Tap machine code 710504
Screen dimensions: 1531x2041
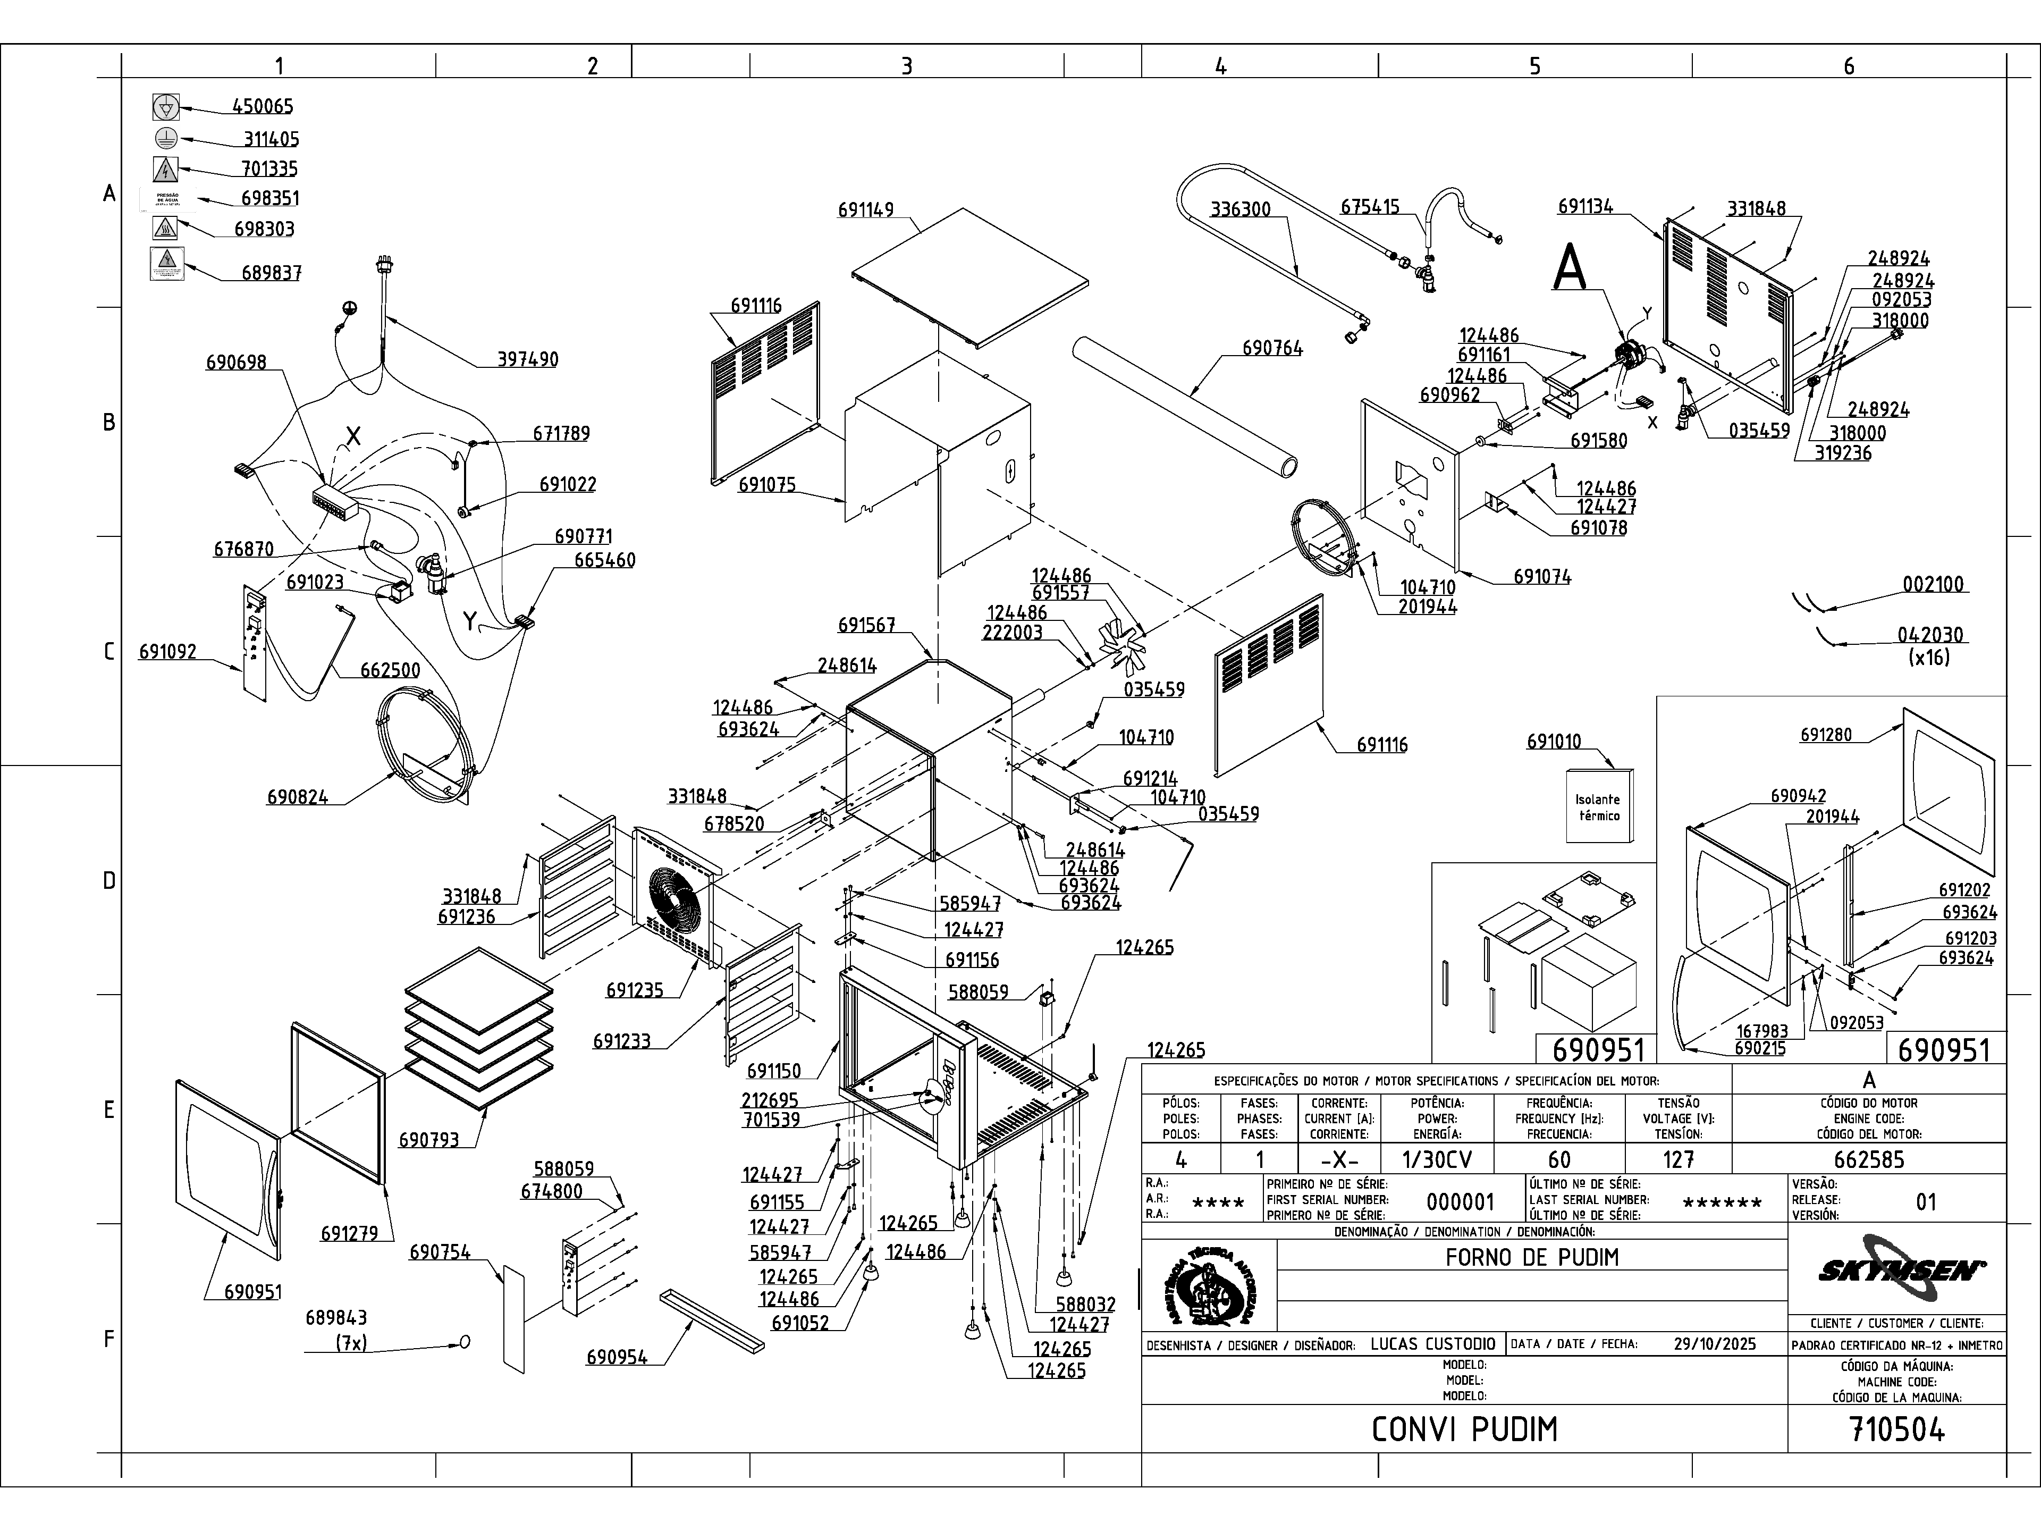[x=1897, y=1429]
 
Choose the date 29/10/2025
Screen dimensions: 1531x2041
[x=1714, y=1344]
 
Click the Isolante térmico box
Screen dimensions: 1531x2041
[x=1599, y=806]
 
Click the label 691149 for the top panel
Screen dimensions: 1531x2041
[x=865, y=211]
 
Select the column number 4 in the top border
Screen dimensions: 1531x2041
[x=1221, y=65]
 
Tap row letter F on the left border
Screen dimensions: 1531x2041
[x=109, y=1339]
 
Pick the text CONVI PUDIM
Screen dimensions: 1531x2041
[x=1464, y=1429]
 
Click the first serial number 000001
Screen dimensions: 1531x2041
[x=1460, y=1201]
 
